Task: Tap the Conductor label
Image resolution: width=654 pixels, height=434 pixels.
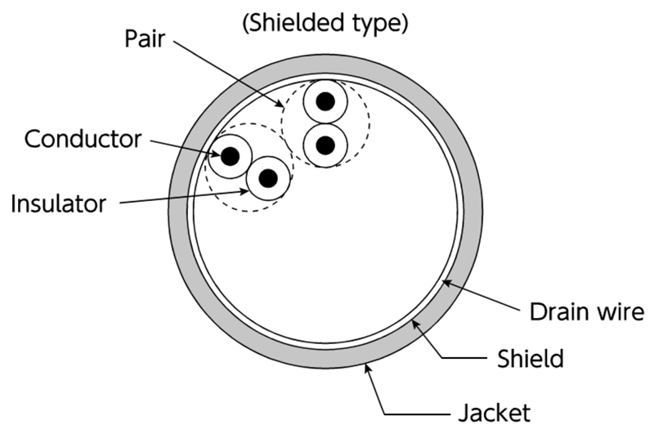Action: pyautogui.click(x=82, y=139)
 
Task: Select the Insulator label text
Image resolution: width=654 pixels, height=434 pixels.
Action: pyautogui.click(x=58, y=204)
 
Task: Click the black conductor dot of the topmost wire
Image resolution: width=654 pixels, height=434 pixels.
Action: pyautogui.click(x=325, y=102)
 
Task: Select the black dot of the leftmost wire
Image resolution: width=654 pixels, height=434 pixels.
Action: pyautogui.click(x=230, y=154)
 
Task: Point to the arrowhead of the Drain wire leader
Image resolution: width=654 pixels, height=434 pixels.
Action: pyautogui.click(x=442, y=280)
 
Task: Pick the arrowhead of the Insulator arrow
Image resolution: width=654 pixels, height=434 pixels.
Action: pyautogui.click(x=250, y=190)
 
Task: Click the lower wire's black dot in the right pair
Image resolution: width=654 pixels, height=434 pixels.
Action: pyautogui.click(x=325, y=145)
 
